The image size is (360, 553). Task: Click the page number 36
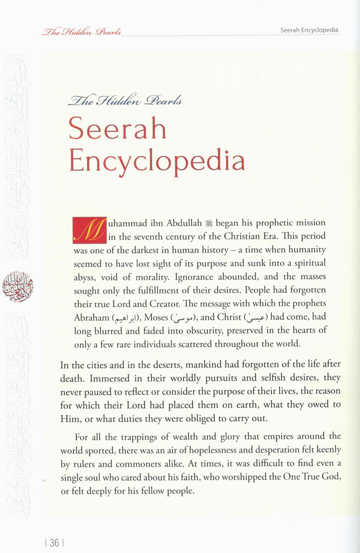pos(54,543)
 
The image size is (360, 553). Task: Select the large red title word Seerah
pos(118,128)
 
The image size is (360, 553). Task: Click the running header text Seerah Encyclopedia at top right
pos(309,30)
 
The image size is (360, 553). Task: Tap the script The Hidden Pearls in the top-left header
pos(82,31)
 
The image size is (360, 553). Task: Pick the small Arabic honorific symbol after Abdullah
pos(209,223)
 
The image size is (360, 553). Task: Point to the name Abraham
pos(92,318)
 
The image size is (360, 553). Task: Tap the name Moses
pos(156,317)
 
